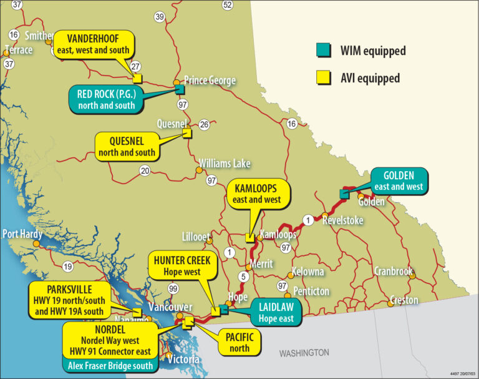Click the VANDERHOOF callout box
point(93,44)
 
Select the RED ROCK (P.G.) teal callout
point(106,99)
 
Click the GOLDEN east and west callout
point(399,180)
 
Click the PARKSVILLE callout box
point(69,300)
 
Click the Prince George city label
point(210,81)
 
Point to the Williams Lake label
point(225,164)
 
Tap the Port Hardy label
point(22,234)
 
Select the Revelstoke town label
point(342,220)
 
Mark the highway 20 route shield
point(145,170)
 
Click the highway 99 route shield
point(173,288)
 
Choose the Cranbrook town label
point(394,272)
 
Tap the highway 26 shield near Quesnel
point(204,125)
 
